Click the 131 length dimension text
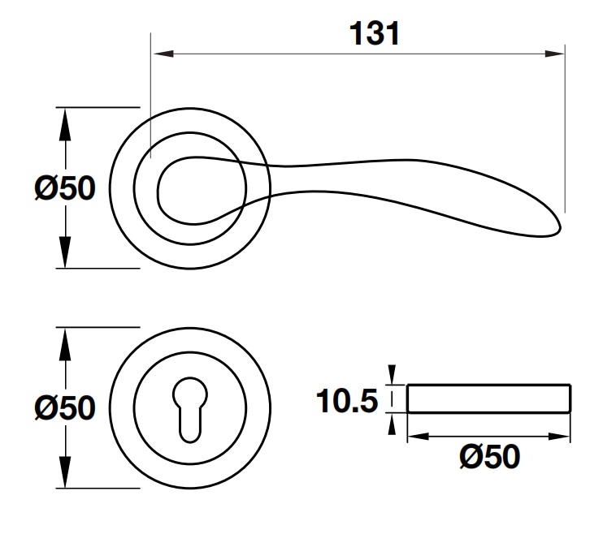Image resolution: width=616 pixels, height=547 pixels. [375, 33]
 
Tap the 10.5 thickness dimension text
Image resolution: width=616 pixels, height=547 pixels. [347, 401]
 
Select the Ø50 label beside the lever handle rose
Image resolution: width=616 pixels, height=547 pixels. [65, 188]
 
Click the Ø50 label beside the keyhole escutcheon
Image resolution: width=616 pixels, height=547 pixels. [65, 407]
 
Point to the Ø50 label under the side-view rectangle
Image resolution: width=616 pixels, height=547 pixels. [489, 456]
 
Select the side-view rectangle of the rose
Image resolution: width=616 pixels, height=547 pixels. [488, 398]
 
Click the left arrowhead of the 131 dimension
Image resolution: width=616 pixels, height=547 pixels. [163, 54]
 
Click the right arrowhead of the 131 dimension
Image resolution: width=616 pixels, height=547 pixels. [555, 54]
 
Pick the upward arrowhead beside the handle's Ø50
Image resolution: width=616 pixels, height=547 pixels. [65, 124]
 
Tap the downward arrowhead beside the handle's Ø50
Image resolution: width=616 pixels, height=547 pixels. [65, 252]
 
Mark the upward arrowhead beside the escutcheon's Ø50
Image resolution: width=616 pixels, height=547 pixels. [65, 344]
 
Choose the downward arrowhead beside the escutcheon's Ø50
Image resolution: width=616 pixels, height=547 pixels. [65, 472]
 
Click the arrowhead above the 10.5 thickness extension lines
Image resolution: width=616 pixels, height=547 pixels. [392, 375]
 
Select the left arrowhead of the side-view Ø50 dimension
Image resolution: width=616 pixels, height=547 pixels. [418, 436]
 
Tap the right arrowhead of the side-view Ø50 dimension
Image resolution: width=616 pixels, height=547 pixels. [559, 436]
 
